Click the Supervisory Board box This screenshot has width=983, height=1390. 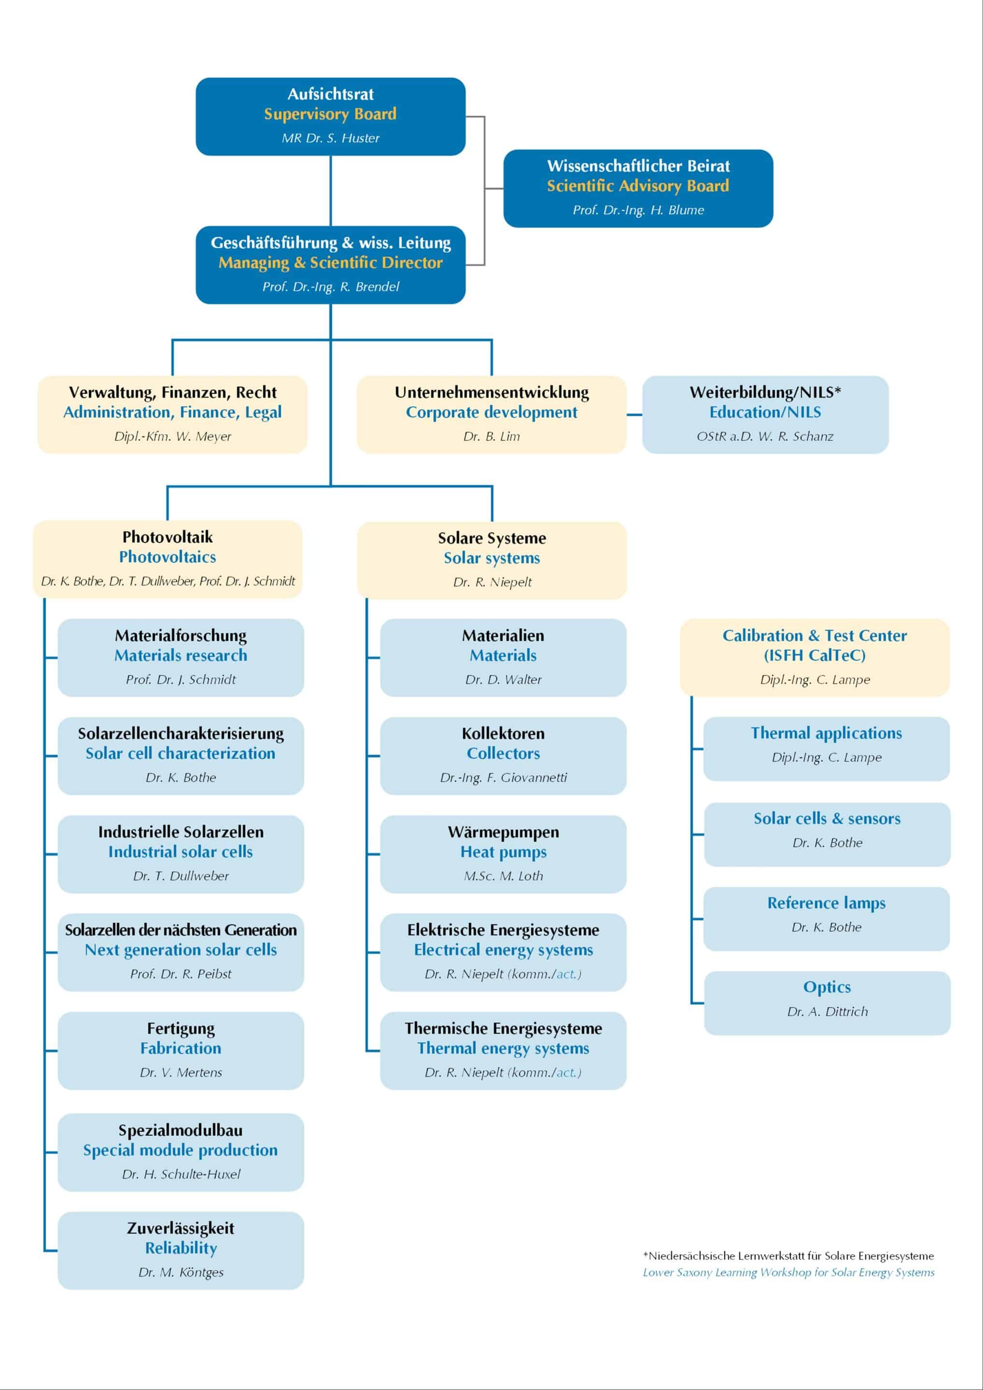330,116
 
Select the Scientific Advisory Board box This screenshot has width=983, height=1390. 638,188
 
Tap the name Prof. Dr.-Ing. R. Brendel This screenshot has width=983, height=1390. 331,286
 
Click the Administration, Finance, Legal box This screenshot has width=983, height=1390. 173,415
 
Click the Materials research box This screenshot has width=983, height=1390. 181,657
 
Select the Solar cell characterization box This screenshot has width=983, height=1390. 181,755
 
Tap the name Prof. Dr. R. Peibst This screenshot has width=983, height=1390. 181,973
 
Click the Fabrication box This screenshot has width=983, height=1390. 181,1050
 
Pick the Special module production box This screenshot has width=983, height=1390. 181,1152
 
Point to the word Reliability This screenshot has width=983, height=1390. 181,1248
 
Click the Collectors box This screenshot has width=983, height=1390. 503,755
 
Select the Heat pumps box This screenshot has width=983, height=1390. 503,854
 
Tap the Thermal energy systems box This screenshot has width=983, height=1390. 503,1050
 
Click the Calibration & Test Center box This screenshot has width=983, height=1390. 814,657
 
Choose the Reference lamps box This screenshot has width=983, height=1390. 826,918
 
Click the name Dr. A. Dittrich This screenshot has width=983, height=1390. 828,1011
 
